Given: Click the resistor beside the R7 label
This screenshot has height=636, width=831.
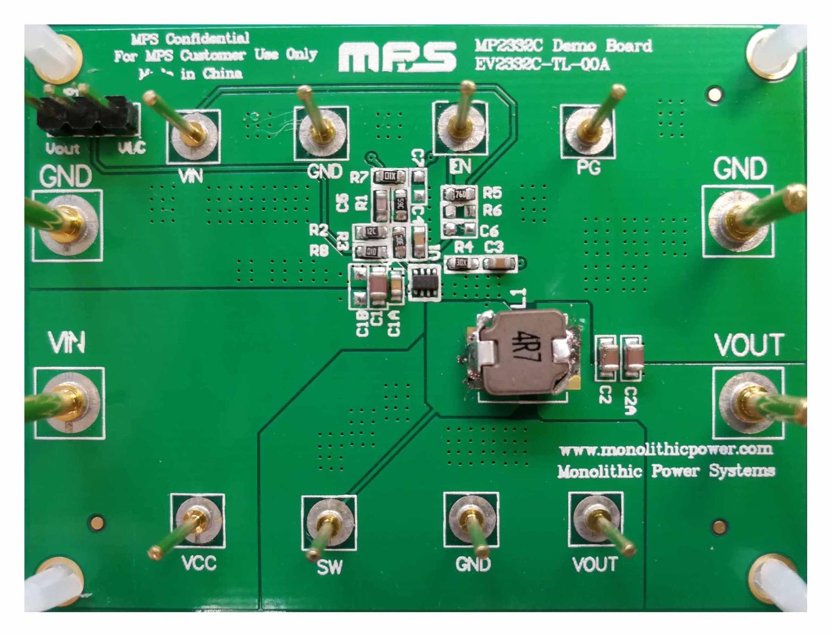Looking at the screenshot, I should [x=389, y=176].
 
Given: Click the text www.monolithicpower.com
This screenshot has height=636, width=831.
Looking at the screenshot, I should [x=666, y=450].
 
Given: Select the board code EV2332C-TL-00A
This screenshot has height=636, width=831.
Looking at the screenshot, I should [x=542, y=65].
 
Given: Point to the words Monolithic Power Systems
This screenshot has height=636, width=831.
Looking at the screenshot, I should [x=666, y=471].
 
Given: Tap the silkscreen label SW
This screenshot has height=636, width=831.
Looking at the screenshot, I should [x=329, y=568].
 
